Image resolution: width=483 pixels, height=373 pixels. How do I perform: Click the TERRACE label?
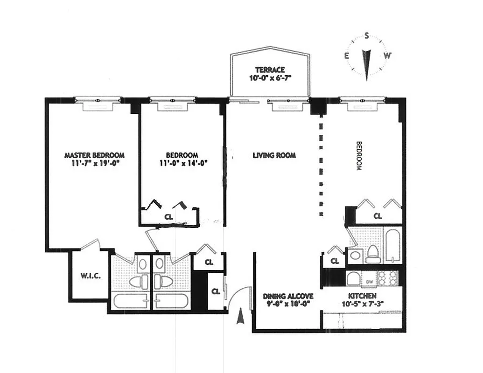(270, 69)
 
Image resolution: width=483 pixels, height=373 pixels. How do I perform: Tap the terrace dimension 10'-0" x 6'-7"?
(270, 78)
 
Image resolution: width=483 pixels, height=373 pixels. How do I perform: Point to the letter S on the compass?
(367, 35)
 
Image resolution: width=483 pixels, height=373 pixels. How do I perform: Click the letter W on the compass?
(387, 55)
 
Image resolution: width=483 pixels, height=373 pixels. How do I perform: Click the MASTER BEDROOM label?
(94, 155)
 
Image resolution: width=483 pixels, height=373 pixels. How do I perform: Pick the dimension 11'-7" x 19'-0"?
(94, 163)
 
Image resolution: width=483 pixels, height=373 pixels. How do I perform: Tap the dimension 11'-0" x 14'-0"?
(182, 163)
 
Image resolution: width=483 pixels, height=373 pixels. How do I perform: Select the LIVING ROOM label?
(274, 155)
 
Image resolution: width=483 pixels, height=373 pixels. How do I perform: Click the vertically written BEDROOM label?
(359, 156)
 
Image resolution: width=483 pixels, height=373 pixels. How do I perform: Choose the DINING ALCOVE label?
(288, 296)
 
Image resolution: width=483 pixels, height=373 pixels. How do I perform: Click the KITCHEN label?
(362, 296)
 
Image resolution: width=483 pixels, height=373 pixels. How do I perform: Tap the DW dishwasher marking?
(369, 281)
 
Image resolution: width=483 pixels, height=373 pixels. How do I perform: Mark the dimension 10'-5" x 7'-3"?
(362, 304)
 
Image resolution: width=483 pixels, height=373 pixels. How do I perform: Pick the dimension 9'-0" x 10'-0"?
(288, 304)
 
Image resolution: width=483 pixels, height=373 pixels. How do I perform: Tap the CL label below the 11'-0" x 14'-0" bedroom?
(168, 216)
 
